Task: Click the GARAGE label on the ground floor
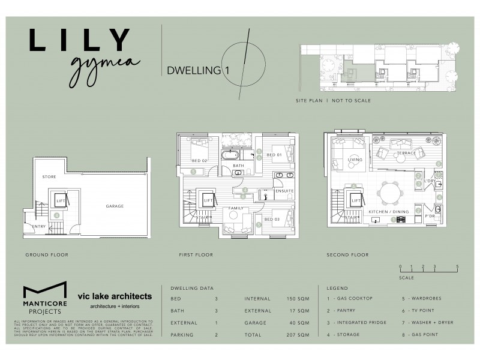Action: [115, 206]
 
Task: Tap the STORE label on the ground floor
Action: [49, 178]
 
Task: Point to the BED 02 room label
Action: [200, 161]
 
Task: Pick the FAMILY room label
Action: [236, 208]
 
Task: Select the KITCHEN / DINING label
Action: [389, 212]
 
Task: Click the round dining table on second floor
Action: [394, 194]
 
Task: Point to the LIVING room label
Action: [356, 160]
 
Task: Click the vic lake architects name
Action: [115, 296]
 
